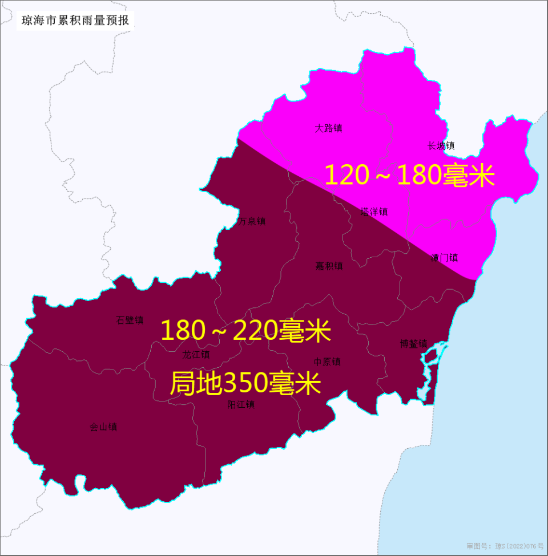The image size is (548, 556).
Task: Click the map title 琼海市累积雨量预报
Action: [75, 21]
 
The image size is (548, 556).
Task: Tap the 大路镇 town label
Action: [328, 128]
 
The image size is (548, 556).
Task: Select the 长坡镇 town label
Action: [441, 146]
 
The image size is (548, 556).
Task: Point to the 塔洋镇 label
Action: [374, 212]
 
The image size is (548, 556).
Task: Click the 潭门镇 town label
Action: [444, 258]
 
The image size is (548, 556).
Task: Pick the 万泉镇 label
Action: [252, 221]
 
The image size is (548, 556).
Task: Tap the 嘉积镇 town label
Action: [329, 266]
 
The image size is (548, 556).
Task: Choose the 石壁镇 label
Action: [130, 320]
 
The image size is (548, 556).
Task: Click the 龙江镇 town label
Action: [196, 355]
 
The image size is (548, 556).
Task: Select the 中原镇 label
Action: [327, 362]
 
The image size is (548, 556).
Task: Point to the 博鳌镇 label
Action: [413, 344]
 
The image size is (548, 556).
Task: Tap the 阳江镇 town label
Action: [241, 405]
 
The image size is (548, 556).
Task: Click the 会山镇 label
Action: [103, 427]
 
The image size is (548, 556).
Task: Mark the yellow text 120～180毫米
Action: [409, 176]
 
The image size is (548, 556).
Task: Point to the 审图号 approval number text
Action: [505, 546]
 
